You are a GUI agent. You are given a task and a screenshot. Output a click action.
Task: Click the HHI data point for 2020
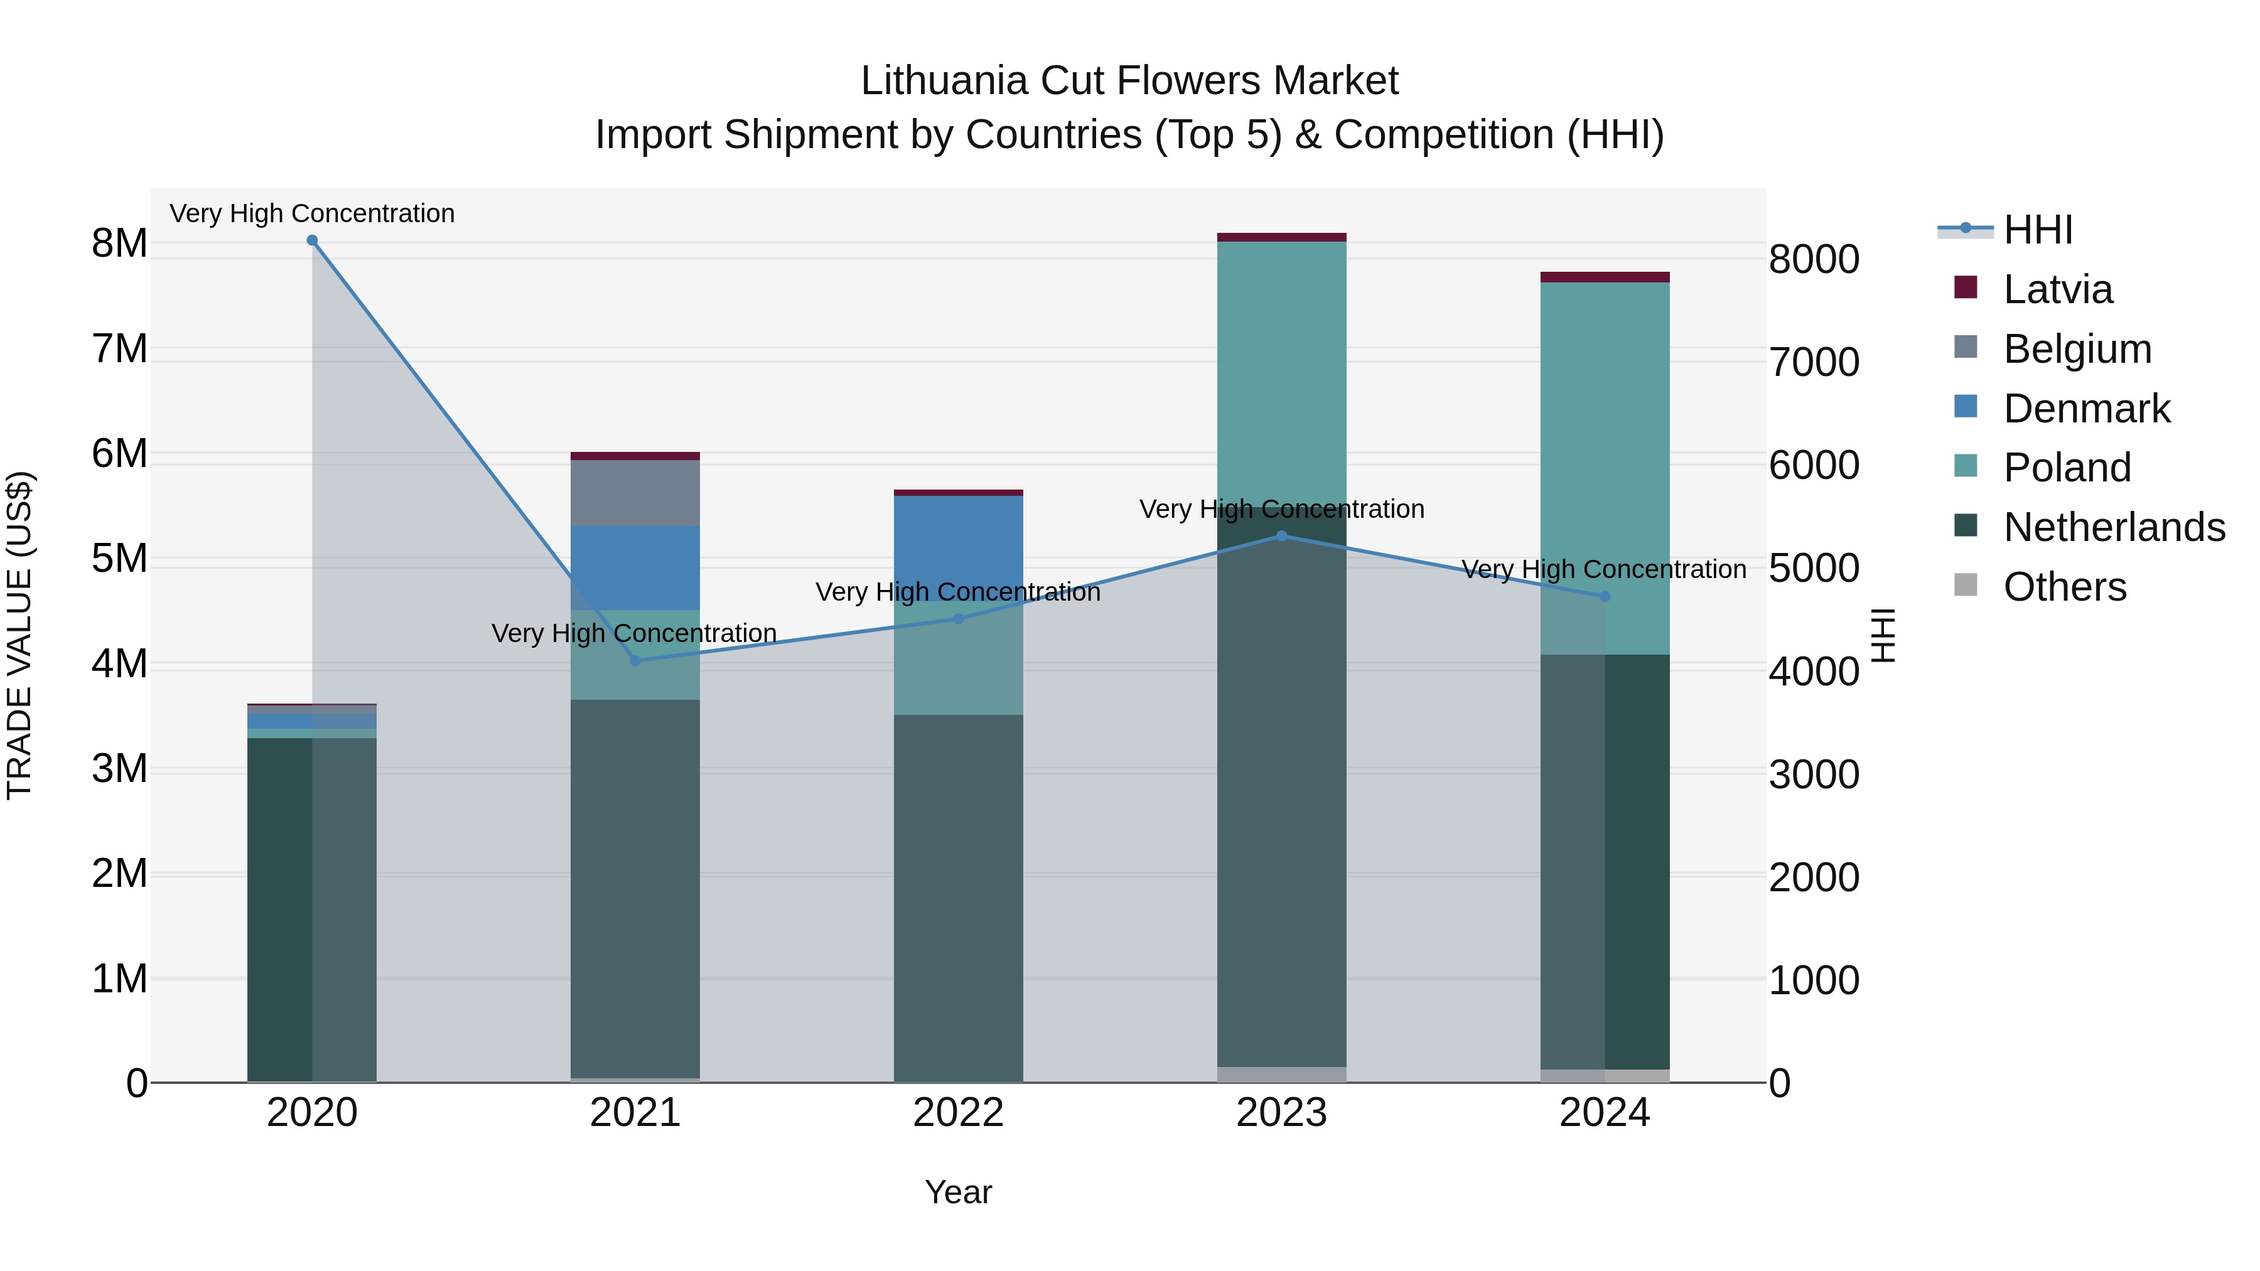313,240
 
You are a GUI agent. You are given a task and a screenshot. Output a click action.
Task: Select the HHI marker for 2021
635,660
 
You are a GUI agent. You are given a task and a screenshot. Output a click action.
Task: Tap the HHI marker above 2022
958,619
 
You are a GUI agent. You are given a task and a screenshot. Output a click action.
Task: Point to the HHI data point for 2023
1282,536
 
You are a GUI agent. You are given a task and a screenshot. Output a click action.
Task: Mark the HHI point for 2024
1605,596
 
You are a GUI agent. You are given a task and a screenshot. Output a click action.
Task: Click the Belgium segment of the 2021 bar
635,493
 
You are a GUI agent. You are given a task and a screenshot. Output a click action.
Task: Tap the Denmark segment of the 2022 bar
958,544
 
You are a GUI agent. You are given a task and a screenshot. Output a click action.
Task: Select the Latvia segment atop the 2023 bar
1282,237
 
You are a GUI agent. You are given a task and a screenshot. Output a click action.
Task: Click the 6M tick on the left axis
119,454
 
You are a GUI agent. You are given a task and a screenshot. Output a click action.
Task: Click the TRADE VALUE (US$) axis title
19,635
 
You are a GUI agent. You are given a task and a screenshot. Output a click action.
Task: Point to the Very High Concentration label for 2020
313,213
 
